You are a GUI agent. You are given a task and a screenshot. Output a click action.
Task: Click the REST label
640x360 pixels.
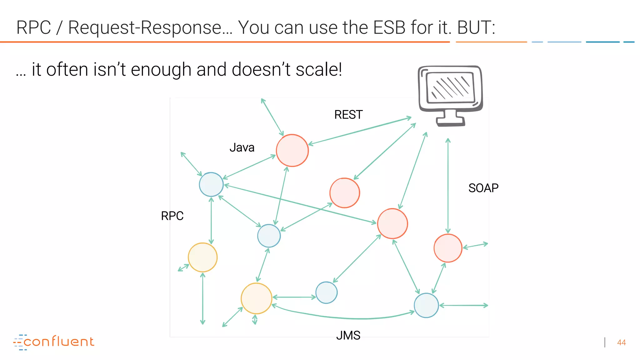coord(348,115)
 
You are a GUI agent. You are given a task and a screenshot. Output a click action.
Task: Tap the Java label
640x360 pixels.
coord(242,147)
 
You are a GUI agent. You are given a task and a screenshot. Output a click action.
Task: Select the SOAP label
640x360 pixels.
coord(483,188)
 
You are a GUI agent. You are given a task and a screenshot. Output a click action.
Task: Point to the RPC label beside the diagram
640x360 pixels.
coord(172,216)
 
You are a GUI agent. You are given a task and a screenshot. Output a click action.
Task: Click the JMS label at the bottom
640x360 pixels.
coord(348,335)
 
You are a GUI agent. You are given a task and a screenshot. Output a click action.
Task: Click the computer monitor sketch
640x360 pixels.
coord(450,88)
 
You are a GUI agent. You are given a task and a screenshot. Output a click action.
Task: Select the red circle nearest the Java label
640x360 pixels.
coord(292,150)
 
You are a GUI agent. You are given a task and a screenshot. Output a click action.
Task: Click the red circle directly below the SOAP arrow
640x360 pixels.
coord(448,248)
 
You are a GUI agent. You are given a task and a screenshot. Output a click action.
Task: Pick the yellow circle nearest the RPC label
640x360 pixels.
coord(202,257)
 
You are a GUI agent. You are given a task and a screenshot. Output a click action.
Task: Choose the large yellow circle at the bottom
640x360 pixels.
coord(256,298)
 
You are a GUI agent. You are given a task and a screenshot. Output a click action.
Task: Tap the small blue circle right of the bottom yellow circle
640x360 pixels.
coord(326,292)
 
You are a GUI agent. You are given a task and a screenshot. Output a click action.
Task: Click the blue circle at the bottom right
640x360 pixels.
coord(426,305)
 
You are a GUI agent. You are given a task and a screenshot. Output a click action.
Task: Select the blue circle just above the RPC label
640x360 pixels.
coord(211,184)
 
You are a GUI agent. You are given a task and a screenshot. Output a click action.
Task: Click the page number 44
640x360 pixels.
coord(621,342)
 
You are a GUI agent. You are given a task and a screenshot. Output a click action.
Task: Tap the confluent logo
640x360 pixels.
coord(54,342)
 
